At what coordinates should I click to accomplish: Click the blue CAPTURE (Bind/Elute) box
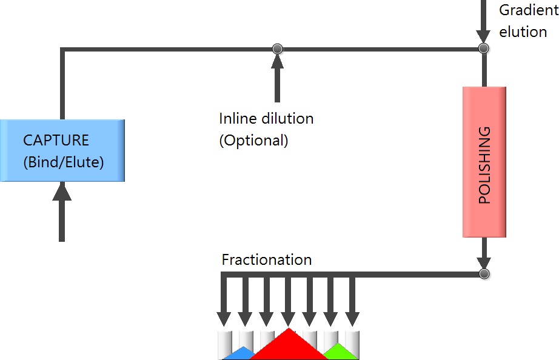click(x=62, y=150)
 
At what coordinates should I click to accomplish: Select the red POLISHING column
click(x=484, y=162)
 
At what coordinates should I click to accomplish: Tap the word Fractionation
click(x=267, y=260)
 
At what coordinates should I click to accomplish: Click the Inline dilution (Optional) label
click(x=266, y=129)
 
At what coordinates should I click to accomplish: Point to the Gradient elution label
click(x=524, y=21)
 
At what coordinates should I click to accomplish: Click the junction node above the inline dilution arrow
click(x=277, y=48)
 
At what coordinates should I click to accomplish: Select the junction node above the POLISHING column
click(x=483, y=48)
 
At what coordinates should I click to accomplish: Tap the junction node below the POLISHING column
click(x=483, y=274)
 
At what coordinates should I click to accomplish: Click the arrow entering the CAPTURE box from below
click(x=61, y=212)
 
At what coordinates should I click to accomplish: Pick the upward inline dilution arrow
click(x=277, y=79)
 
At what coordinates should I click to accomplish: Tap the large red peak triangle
click(x=289, y=347)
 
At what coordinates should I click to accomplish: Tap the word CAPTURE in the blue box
click(x=56, y=141)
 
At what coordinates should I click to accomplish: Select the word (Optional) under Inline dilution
click(x=253, y=141)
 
